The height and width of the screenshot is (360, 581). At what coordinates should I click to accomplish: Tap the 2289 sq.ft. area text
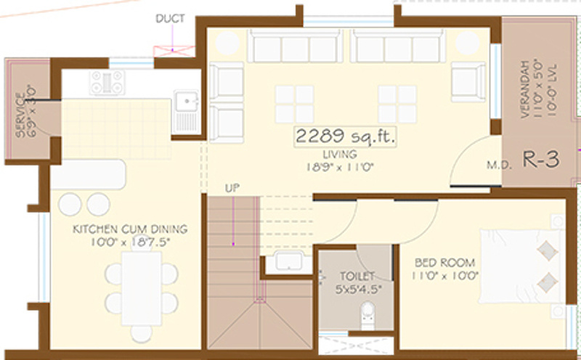[345, 136]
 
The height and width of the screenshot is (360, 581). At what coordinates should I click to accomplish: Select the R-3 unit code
[541, 160]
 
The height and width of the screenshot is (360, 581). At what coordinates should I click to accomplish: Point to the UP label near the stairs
[232, 189]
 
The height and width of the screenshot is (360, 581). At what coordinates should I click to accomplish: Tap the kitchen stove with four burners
[107, 83]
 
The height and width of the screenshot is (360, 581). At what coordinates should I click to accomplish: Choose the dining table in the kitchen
[141, 287]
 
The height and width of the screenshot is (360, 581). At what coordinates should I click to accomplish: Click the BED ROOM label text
[445, 262]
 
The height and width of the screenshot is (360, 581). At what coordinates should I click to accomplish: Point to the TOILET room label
[357, 277]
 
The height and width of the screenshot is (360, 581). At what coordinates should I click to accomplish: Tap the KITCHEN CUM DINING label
[129, 229]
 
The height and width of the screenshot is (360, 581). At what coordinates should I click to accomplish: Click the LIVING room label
[341, 155]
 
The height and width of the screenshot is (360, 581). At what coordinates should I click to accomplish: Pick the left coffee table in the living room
[294, 105]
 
